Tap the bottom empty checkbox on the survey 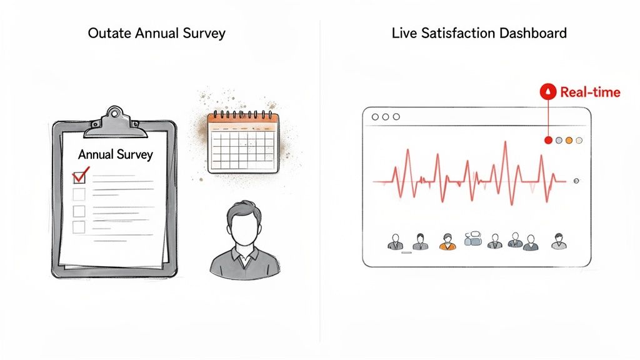pos(79,227)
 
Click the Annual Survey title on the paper pos(116,154)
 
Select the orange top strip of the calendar pos(242,117)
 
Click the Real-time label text pos(590,92)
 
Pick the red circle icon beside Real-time pos(548,92)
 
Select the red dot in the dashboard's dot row pos(548,141)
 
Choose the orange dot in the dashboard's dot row pos(569,141)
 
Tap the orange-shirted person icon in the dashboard pos(447,242)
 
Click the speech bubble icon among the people pos(473,238)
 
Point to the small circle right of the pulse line pos(576,181)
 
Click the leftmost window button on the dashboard pos(375,117)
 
